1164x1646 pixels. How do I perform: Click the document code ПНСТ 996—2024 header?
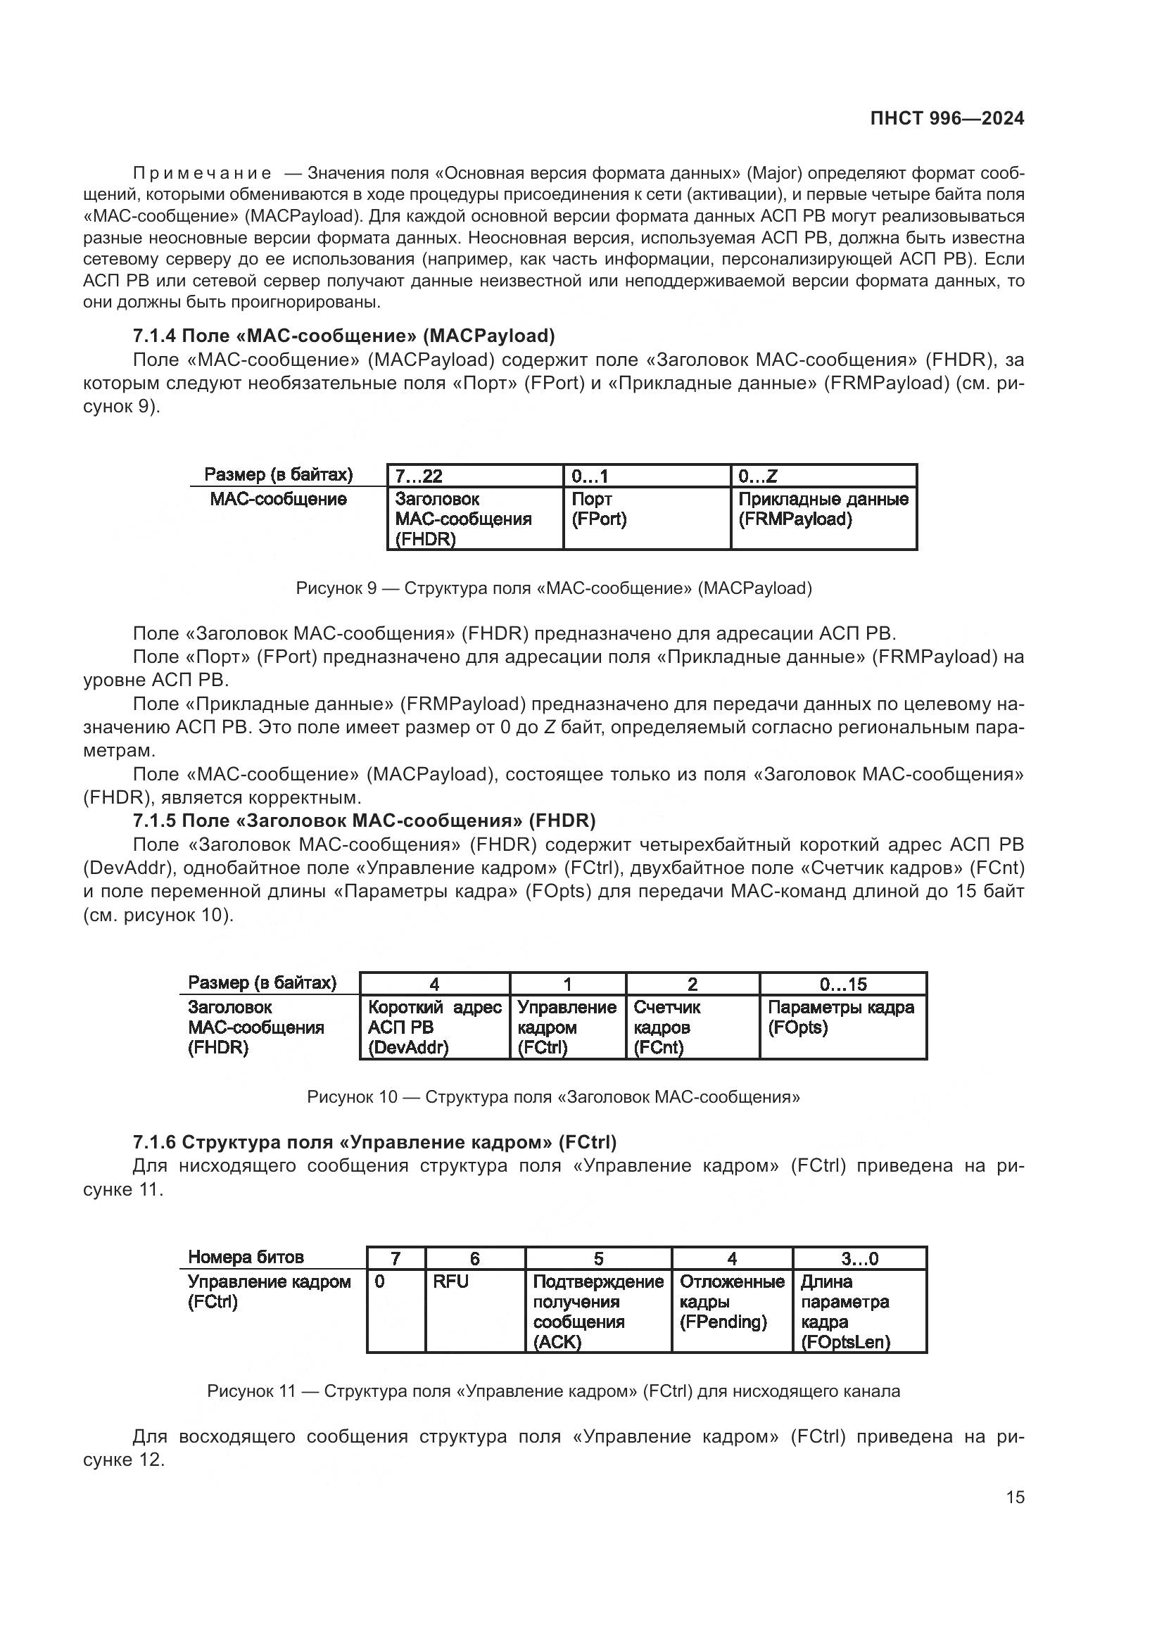point(947,119)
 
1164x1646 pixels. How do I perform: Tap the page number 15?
point(1015,1498)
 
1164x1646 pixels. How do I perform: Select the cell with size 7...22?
point(474,476)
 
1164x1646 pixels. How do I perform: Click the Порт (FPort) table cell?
point(646,518)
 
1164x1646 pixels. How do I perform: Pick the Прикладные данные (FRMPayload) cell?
point(823,518)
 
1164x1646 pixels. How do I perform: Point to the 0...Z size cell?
point(823,476)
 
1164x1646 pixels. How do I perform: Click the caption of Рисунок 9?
point(553,588)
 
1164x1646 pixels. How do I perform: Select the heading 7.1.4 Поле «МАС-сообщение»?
point(344,336)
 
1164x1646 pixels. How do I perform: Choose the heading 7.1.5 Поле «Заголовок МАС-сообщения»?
point(364,820)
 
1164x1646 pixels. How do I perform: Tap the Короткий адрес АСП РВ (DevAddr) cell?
point(434,1027)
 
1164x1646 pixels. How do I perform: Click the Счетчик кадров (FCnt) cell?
point(692,1027)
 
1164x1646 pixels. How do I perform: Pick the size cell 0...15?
point(842,985)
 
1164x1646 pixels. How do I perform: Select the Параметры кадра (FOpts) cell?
point(842,1027)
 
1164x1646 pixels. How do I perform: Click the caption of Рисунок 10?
point(553,1097)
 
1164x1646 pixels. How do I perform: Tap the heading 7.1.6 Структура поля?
point(374,1142)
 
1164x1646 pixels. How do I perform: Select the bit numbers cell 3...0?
point(859,1259)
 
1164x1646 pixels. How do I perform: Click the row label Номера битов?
point(246,1258)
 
